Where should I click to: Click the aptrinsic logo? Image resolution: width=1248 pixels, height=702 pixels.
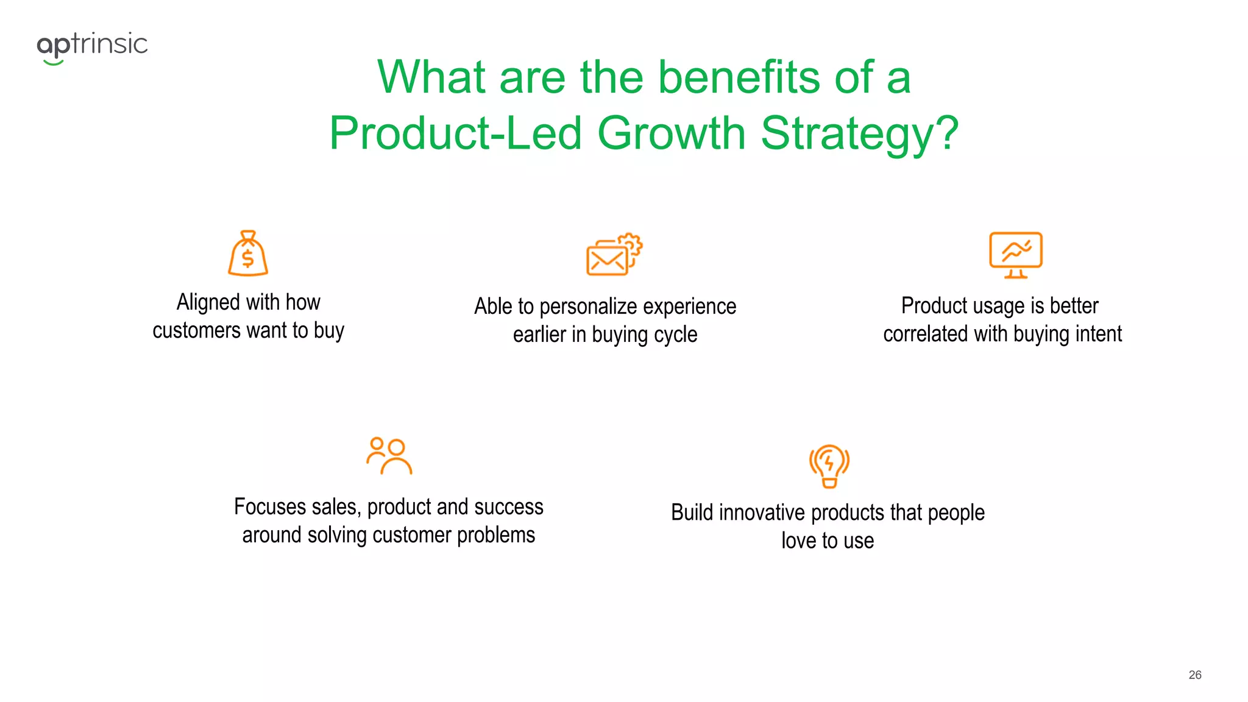[92, 46]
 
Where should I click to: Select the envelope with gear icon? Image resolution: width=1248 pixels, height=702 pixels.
[614, 255]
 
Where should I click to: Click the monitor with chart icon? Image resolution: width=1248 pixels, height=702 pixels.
[1015, 255]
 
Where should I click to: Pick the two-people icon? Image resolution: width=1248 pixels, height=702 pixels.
[389, 456]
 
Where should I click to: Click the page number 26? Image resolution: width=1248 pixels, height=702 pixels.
[1194, 675]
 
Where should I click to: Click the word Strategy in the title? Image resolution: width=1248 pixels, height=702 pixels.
[859, 133]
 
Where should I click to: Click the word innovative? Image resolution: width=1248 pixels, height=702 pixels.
[762, 512]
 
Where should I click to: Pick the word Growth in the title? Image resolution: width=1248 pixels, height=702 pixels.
[672, 133]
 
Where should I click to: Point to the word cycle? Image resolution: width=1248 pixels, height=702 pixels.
[675, 335]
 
